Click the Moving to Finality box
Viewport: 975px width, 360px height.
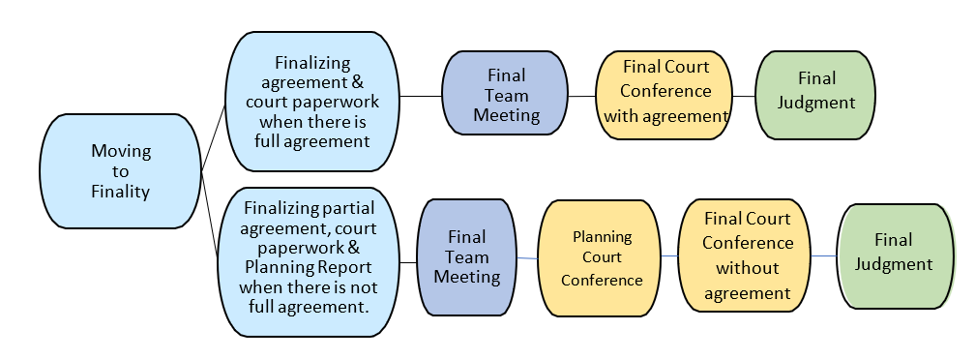click(x=120, y=171)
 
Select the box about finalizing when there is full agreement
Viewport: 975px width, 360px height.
click(x=311, y=101)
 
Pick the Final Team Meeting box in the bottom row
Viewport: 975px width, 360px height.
click(x=466, y=256)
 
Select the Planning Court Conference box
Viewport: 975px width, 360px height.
click(x=601, y=258)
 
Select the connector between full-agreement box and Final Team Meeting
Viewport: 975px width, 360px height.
click(x=421, y=96)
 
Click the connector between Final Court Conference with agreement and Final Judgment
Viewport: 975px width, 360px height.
click(x=743, y=96)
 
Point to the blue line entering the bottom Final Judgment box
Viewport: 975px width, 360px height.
click(x=825, y=255)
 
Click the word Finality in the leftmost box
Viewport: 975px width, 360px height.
click(x=120, y=192)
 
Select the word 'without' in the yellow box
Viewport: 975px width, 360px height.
click(x=747, y=268)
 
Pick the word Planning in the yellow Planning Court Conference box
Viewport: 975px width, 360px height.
click(x=601, y=236)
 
